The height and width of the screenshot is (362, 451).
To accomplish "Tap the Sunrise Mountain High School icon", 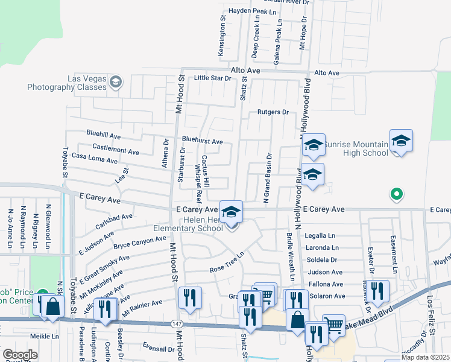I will point(402,141).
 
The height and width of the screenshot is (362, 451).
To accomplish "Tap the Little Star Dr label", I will point(212,78).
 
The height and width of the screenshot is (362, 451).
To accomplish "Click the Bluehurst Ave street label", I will point(202,142).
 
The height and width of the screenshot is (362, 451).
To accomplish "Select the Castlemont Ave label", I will point(116,147).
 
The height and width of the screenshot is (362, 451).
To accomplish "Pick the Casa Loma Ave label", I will point(94,159).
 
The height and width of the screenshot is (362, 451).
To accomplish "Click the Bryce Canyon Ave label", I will point(139,243).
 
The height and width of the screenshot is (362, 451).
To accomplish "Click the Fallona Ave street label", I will point(326,284).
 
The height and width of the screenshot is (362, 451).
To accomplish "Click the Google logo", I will point(20,355).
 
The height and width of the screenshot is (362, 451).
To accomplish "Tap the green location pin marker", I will point(396,194).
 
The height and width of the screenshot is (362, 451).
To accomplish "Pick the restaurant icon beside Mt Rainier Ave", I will point(189,297).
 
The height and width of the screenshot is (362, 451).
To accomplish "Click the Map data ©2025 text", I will point(424,357).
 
